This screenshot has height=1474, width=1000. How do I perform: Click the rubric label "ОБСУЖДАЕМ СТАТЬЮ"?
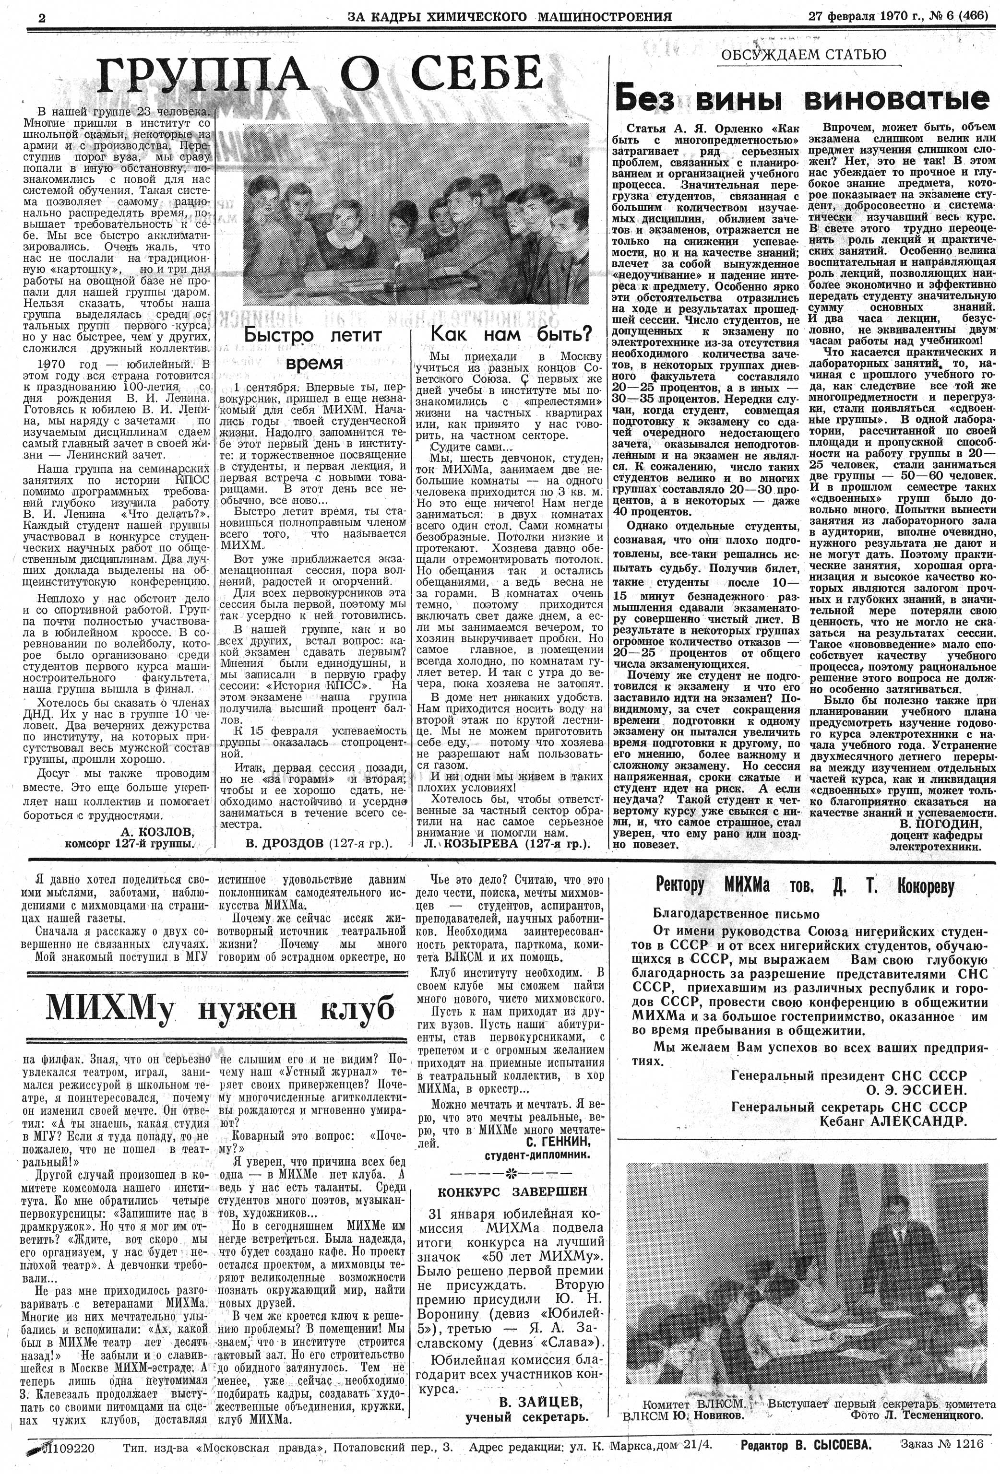click(803, 55)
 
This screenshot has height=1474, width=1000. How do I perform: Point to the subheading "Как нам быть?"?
click(511, 334)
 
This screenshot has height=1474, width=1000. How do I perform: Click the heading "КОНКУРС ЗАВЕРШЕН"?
click(512, 1191)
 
